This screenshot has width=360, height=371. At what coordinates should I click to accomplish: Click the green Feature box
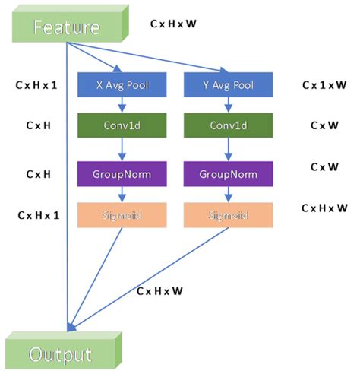click(67, 27)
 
